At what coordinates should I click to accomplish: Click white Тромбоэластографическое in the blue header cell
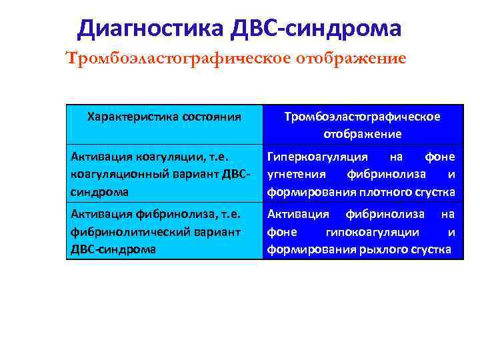362,117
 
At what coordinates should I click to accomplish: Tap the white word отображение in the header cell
362,133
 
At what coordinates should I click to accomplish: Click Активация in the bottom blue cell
298,214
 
